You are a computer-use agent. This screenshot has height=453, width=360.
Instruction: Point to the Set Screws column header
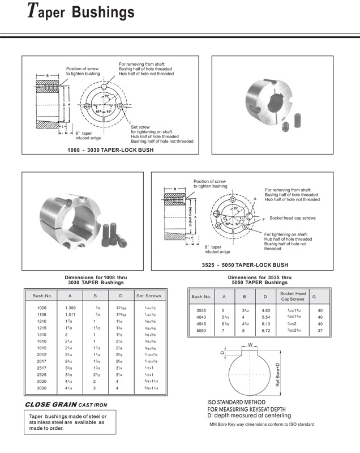pyautogui.click(x=148, y=296)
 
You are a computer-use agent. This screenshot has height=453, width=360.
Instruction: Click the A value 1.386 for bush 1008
pyautogui.click(x=70, y=307)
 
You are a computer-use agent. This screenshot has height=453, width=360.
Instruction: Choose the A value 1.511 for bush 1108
pyautogui.click(x=70, y=314)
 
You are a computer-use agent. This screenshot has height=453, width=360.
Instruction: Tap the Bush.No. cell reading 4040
pyautogui.click(x=202, y=318)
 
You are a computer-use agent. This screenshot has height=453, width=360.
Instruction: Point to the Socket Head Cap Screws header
pyautogui.click(x=293, y=296)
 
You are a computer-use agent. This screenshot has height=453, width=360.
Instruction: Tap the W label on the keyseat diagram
pyautogui.click(x=250, y=344)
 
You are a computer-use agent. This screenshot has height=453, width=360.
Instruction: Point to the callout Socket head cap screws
pyautogui.click(x=292, y=218)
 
